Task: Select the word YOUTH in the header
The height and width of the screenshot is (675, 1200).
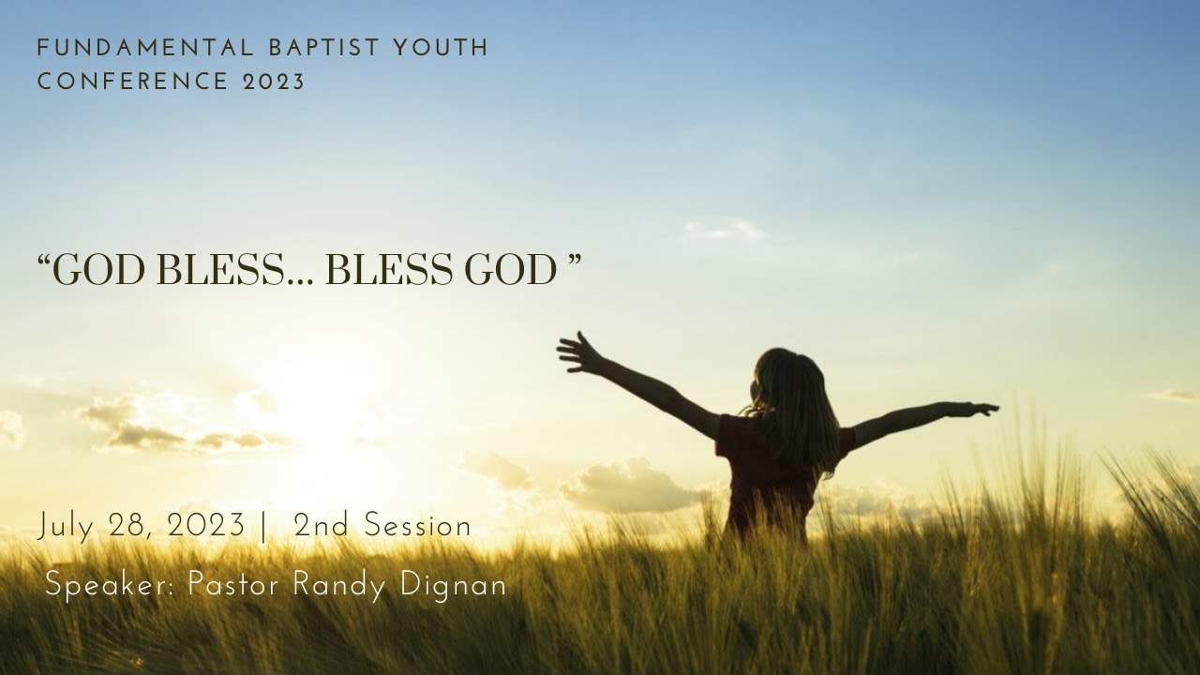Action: click(x=443, y=49)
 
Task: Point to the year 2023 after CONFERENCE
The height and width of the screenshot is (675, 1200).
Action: click(x=275, y=82)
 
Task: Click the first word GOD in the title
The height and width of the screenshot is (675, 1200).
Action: click(x=97, y=271)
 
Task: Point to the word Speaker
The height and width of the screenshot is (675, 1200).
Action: click(x=112, y=586)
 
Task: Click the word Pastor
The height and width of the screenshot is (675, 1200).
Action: click(x=233, y=585)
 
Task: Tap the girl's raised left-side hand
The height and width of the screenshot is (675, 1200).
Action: click(x=577, y=352)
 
